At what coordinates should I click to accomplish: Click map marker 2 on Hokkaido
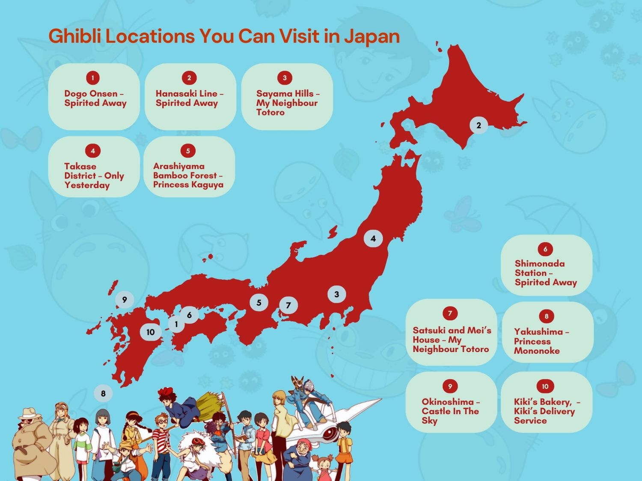479,125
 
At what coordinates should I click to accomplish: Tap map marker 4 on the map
373,239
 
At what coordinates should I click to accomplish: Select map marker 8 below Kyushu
103,393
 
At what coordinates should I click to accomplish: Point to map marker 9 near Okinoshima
125,299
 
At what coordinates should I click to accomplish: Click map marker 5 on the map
259,303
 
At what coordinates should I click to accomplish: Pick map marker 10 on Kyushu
150,332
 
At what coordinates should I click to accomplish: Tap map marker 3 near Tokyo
337,294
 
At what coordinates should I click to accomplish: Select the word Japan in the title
372,36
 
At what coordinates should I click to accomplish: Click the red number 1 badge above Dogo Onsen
93,78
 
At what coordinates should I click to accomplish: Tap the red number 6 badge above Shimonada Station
545,249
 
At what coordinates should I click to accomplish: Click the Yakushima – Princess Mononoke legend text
541,341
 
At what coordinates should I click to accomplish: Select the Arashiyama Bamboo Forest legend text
188,175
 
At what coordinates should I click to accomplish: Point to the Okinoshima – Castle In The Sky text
450,411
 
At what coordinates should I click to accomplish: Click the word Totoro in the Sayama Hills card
270,112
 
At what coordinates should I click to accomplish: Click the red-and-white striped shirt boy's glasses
163,422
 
